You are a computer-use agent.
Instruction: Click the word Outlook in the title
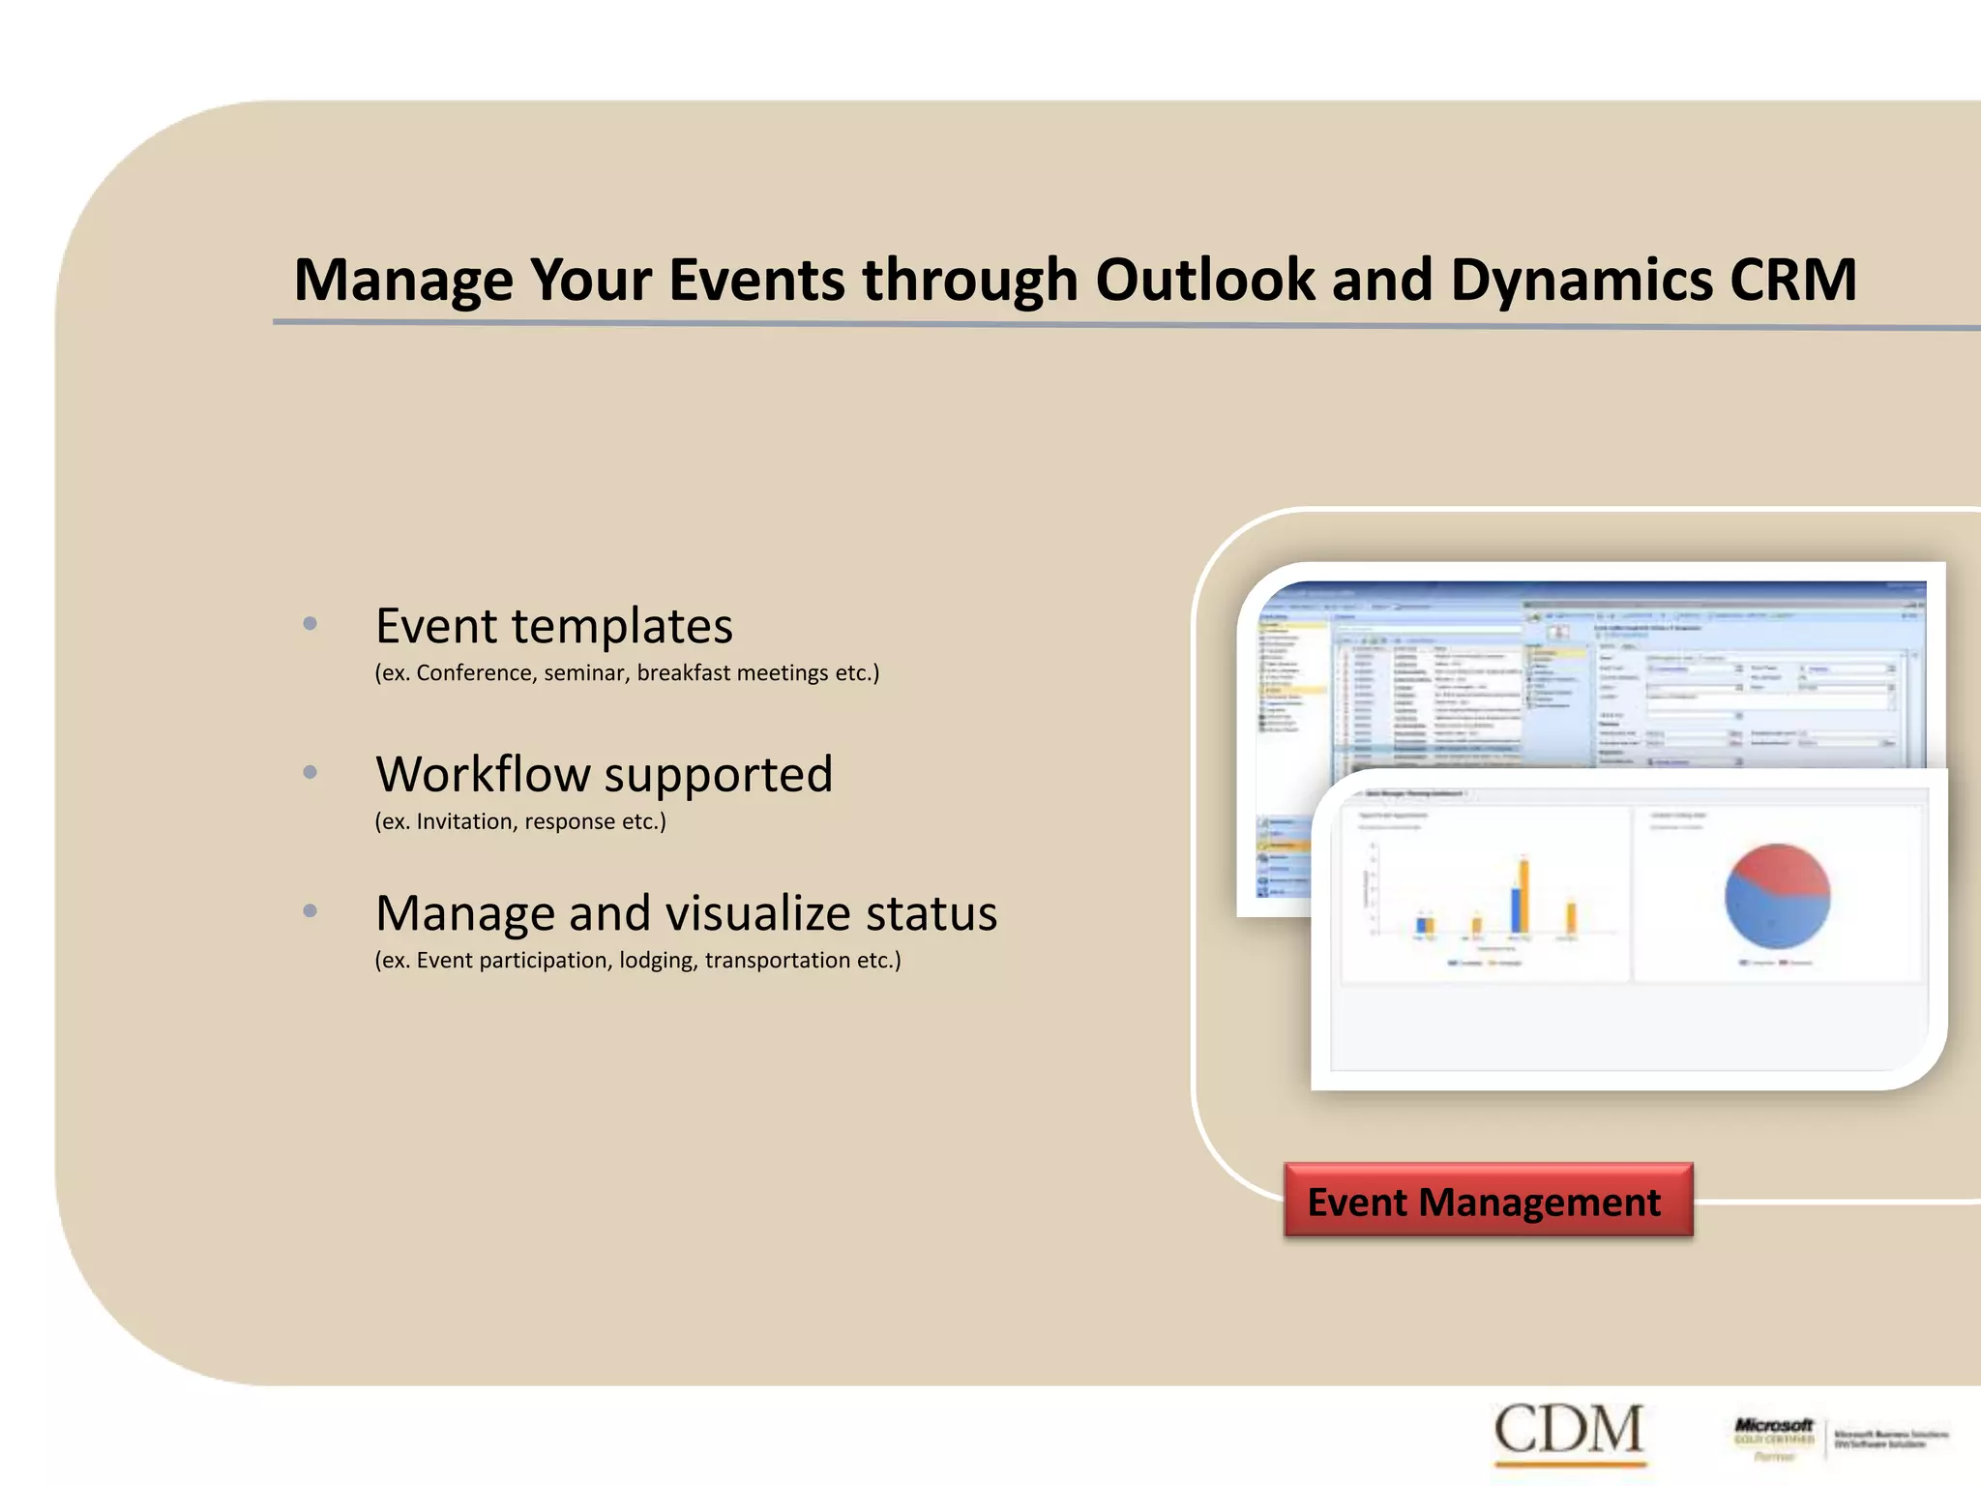[1204, 281]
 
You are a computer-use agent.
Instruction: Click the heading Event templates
[553, 626]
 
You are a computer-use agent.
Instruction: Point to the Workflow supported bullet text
[604, 774]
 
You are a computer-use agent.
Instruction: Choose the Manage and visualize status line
[686, 913]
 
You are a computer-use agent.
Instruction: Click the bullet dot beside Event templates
[310, 624]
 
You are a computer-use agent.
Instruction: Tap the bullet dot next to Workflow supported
[310, 772]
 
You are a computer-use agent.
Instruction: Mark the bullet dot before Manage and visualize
[310, 911]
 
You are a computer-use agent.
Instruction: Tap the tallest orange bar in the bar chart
[1524, 895]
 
